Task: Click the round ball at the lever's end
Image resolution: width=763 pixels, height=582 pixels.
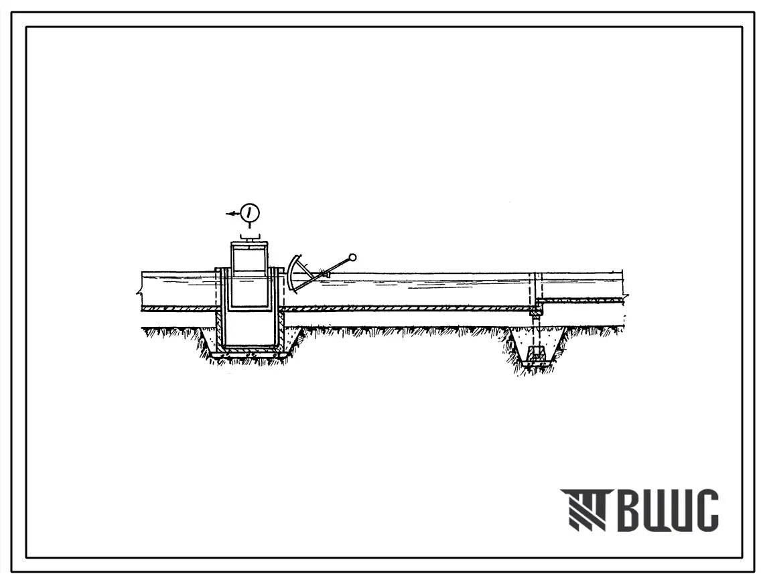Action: [x=353, y=257]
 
